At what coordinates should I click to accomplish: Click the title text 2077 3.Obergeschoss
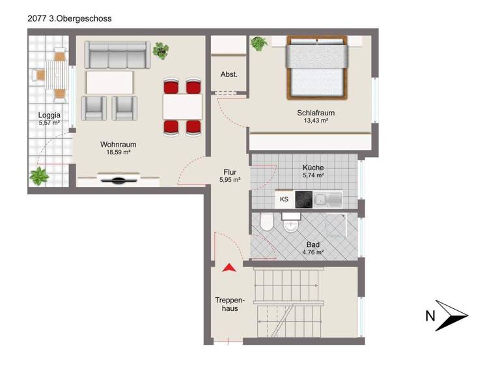coord(70,19)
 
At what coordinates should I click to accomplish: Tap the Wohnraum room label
coord(118,145)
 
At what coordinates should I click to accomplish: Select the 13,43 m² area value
coord(316,121)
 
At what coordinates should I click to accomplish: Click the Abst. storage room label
coord(229,74)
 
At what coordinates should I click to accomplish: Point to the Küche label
coord(313,168)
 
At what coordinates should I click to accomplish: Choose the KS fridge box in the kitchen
coord(284,199)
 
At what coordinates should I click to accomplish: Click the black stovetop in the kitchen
coord(303,199)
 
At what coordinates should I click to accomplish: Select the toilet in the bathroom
coord(266,224)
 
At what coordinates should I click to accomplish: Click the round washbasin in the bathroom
coord(291,226)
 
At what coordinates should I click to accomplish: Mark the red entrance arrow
coord(229,267)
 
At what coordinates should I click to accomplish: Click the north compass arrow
coord(452,316)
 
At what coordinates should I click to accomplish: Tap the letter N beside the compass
coord(430,317)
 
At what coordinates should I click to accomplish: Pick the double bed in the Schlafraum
coord(316,68)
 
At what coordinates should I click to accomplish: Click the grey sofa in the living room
coord(118,55)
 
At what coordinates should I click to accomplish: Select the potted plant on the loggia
coord(40,175)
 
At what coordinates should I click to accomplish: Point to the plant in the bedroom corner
coord(259,44)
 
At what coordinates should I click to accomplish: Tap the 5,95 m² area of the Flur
coord(230,180)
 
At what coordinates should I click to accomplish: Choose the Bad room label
coord(312,244)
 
